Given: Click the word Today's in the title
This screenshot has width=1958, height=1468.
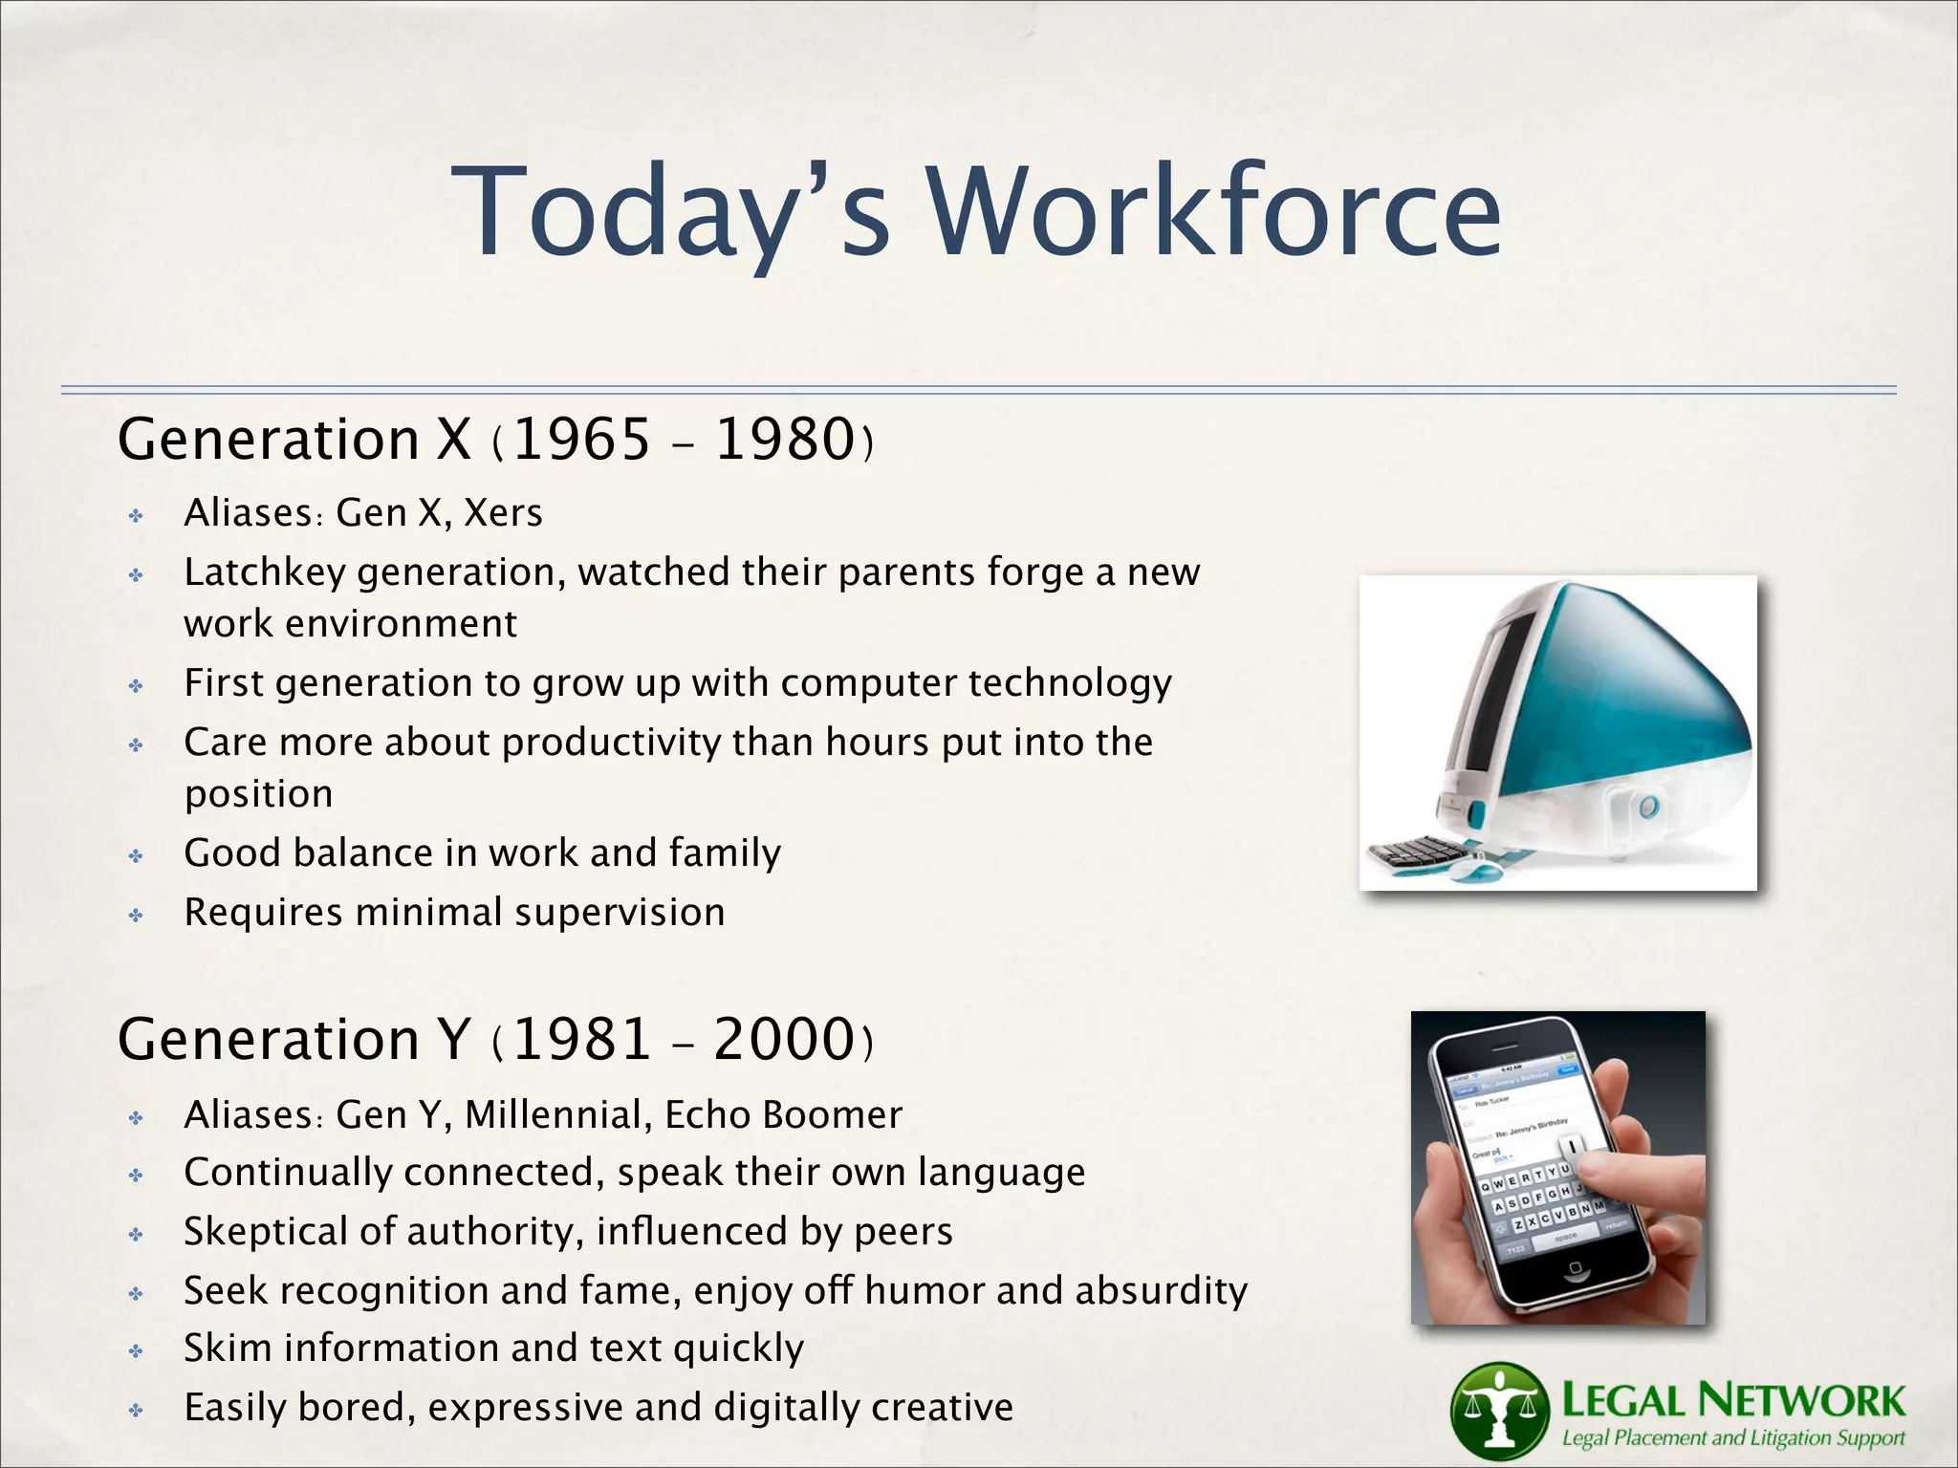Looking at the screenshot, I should (x=669, y=212).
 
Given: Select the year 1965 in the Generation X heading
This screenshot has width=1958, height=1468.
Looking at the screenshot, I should (x=581, y=440).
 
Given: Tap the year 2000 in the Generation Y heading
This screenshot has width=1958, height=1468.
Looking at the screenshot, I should (x=784, y=1040).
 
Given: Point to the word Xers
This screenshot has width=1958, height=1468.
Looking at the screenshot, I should (x=503, y=513).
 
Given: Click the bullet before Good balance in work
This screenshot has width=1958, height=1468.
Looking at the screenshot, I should (x=136, y=855).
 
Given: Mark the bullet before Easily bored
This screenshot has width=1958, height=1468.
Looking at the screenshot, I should (x=136, y=1409).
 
